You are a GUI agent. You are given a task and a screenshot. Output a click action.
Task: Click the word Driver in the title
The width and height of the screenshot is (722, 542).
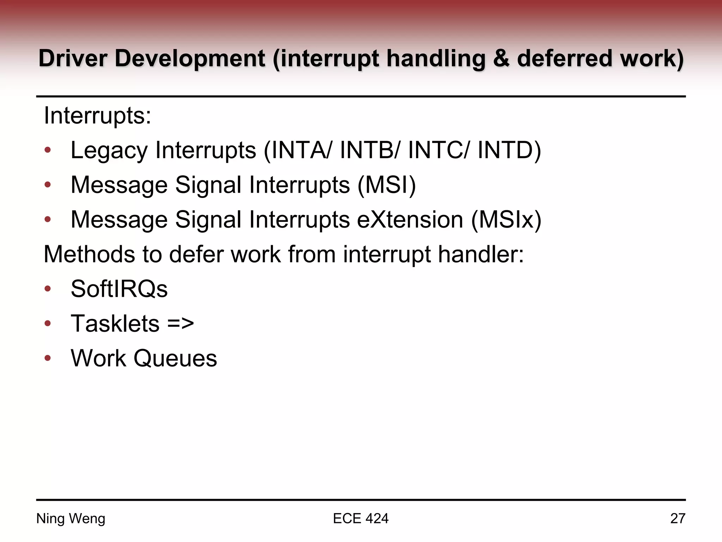[x=73, y=58]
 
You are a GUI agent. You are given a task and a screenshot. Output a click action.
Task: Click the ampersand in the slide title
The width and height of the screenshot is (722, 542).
[x=501, y=58]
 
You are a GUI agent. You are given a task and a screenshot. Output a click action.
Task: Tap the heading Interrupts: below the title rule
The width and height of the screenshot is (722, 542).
[x=97, y=116]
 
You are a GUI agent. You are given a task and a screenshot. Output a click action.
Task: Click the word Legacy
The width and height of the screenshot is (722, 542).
[x=109, y=151]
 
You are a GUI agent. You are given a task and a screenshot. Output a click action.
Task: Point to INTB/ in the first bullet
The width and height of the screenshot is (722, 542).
[x=370, y=150]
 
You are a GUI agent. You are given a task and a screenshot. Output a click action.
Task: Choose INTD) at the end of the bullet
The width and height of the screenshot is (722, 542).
[x=509, y=150]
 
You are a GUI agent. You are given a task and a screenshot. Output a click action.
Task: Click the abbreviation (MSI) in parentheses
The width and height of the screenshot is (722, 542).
[x=387, y=185]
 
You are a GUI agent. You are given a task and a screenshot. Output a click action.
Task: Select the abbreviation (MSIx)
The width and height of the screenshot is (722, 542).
[x=506, y=220]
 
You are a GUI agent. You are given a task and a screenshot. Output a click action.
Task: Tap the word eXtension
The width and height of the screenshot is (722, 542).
[x=410, y=220]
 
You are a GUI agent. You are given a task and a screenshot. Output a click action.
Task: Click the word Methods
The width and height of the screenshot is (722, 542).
[x=89, y=254]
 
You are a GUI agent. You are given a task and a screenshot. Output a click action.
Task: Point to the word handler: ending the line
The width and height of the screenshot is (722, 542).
[x=481, y=254]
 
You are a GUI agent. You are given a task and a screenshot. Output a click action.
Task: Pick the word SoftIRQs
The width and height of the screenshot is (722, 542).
[x=119, y=289]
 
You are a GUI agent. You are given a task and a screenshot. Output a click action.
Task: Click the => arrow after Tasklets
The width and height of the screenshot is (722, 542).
[x=180, y=324]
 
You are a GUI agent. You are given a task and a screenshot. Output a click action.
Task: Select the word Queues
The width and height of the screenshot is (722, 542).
[x=175, y=358]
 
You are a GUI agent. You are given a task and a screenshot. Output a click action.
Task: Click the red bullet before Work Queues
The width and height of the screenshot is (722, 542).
[x=48, y=359]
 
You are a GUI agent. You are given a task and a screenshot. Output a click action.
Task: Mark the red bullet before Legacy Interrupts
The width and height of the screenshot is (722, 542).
[x=48, y=151]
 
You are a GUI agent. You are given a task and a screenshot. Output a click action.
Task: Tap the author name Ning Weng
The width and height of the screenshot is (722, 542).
[x=71, y=519]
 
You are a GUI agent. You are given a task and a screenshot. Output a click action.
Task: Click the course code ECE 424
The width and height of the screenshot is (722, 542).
[x=361, y=519]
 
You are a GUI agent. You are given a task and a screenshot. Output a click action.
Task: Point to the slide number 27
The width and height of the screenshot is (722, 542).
[x=678, y=519]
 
